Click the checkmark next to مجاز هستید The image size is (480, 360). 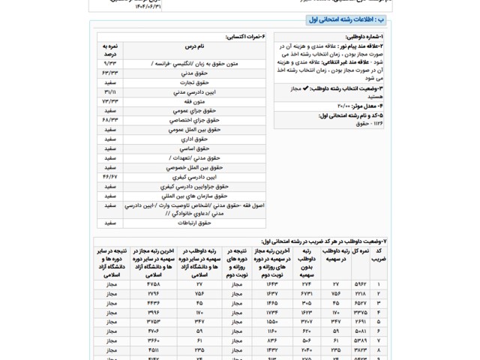(x=301, y=88)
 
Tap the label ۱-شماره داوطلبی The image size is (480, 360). (x=365, y=36)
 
